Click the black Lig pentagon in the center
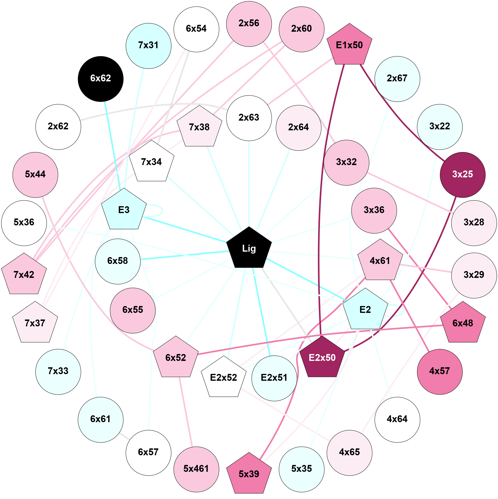click(249, 249)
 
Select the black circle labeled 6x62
click(101, 79)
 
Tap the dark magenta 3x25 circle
click(462, 175)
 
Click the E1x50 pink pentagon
click(349, 45)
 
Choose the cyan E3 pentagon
click(124, 210)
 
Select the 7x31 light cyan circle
click(148, 46)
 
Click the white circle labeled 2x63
click(249, 118)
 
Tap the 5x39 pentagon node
click(249, 474)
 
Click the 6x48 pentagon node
click(463, 323)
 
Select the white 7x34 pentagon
click(151, 162)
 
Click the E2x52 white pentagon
click(224, 378)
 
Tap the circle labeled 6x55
click(132, 311)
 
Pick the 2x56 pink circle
click(249, 24)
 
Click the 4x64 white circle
click(397, 420)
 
